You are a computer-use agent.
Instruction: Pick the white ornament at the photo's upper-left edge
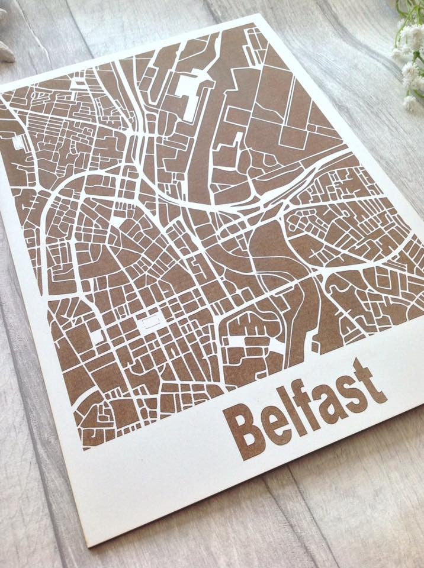click(x=6, y=50)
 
